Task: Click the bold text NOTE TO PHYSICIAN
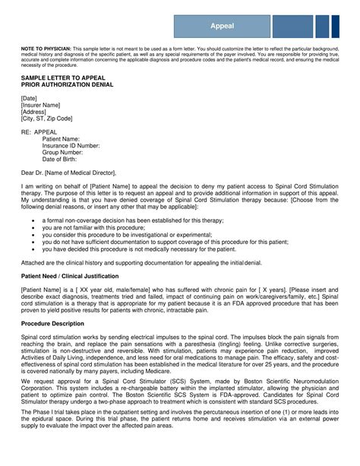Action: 46,47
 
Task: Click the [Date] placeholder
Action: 30,98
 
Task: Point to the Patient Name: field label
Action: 61,138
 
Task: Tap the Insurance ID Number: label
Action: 71,145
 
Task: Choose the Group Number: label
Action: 63,152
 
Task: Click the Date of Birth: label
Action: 61,159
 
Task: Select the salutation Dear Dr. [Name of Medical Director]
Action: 69,173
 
